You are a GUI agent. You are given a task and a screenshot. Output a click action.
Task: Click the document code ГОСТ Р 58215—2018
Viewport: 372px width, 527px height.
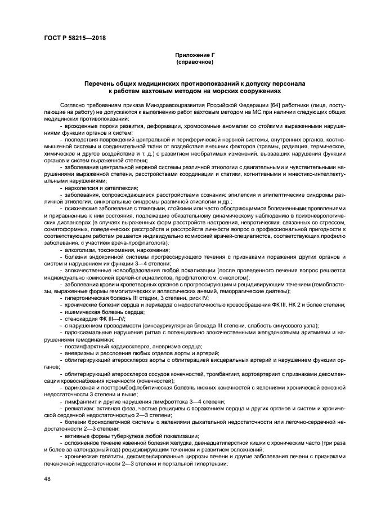pyautogui.click(x=75, y=38)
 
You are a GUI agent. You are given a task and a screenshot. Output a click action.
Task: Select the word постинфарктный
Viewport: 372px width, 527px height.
pyautogui.click(x=86, y=346)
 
